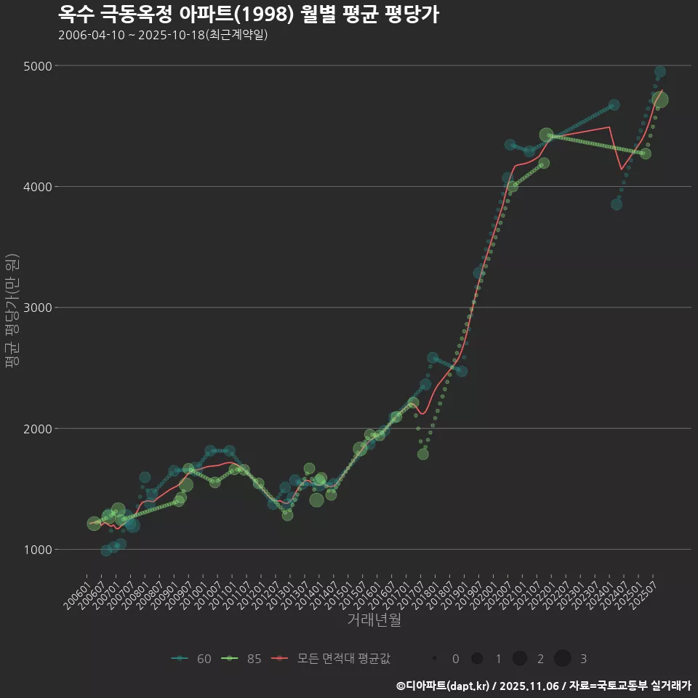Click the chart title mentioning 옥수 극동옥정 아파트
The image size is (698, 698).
tap(248, 14)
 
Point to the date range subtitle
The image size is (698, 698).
tap(163, 35)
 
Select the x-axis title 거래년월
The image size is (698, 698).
tap(374, 619)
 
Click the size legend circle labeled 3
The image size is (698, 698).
tap(562, 659)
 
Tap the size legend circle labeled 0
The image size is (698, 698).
tap(435, 659)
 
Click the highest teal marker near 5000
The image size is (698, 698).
tap(660, 72)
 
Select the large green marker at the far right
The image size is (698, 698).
tap(659, 100)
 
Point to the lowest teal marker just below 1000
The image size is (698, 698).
tap(106, 551)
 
